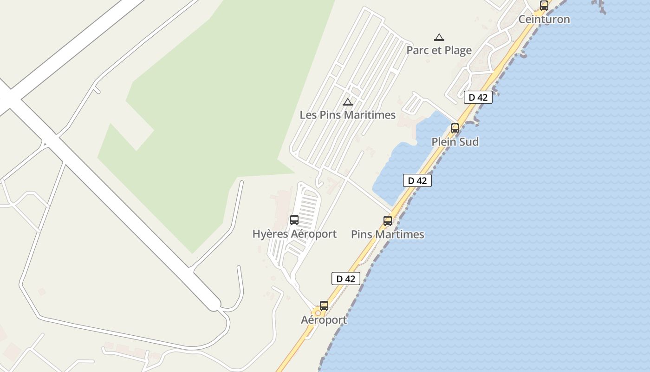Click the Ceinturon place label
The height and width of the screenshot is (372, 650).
tap(544, 20)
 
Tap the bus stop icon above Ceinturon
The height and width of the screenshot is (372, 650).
tap(544, 6)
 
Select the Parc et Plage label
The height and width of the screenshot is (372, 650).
tap(439, 50)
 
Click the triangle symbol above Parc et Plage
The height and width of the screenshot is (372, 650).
tap(439, 38)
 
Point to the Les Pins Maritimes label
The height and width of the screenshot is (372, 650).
tap(347, 115)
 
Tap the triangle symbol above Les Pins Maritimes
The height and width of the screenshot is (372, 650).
tap(347, 102)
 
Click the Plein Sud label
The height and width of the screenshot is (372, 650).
tap(455, 142)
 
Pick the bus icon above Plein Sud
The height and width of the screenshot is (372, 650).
tap(455, 128)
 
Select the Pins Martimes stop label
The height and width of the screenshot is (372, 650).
tap(387, 234)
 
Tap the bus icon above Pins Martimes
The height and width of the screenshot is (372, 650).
tap(388, 221)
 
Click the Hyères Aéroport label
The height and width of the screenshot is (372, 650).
tap(294, 234)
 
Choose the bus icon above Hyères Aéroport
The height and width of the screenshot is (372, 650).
tap(294, 220)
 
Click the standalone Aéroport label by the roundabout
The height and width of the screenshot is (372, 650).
tap(324, 320)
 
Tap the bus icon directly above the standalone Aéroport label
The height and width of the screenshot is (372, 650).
tap(324, 306)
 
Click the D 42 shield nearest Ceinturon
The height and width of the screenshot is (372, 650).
tap(478, 98)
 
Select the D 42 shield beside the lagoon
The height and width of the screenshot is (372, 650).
tap(417, 180)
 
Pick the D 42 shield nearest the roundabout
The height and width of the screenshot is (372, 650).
tap(345, 279)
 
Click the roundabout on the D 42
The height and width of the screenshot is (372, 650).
tap(318, 313)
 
